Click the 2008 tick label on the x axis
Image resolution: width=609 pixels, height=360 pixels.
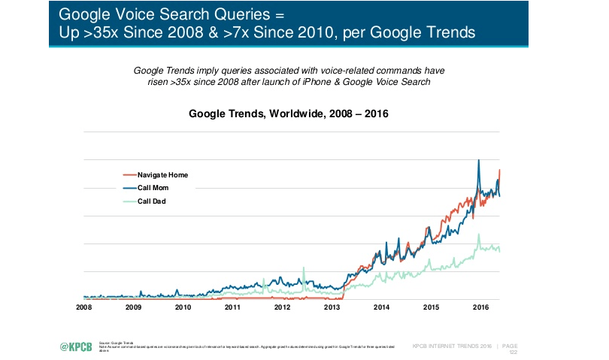tap(83, 307)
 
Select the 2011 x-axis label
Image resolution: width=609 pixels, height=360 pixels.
tap(233, 307)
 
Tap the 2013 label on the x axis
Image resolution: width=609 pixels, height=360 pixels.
tap(332, 307)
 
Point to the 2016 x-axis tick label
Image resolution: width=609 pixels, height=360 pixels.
tap(480, 307)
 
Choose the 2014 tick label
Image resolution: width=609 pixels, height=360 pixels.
tap(382, 307)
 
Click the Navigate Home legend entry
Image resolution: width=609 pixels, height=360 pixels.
tap(162, 174)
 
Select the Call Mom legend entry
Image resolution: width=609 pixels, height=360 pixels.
tap(153, 188)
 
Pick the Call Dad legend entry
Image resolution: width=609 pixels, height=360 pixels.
tap(152, 201)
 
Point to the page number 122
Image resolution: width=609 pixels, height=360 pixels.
tap(514, 352)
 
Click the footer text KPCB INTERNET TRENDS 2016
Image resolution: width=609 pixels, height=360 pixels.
tap(452, 346)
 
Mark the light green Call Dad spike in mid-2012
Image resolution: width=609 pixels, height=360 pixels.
tap(304, 268)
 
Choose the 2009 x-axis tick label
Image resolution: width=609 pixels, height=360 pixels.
tap(133, 307)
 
